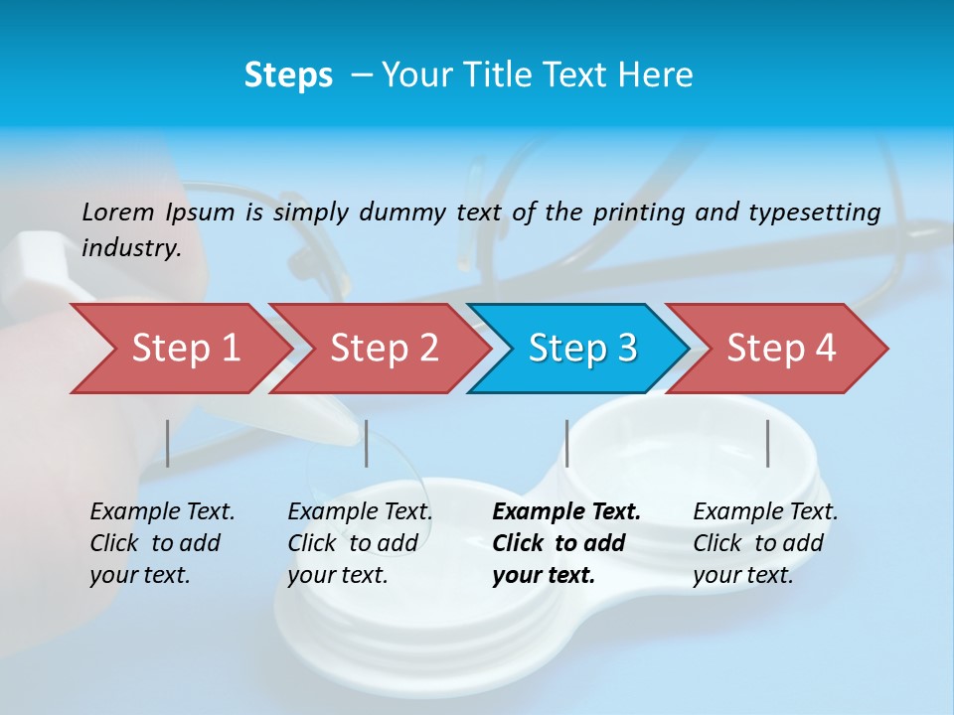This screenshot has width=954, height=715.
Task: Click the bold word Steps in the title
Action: pos(288,75)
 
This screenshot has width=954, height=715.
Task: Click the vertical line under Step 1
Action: pos(168,443)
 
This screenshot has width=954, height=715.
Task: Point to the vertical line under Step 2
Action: pos(367,443)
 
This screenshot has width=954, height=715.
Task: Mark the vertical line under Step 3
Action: pos(566,443)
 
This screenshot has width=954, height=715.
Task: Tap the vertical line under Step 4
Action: pos(768,443)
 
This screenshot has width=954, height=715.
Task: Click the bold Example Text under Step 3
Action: pos(566,512)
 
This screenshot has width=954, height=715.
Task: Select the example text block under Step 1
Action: pos(162,543)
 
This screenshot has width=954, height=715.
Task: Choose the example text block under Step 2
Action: pos(360,543)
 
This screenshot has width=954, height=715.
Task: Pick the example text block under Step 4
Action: pos(765,543)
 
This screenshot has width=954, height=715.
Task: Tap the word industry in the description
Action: pos(131,248)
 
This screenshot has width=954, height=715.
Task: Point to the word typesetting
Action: pos(814,213)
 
